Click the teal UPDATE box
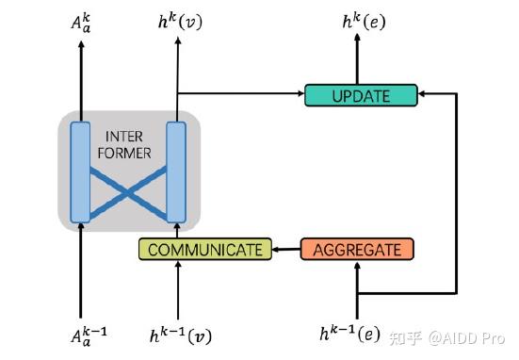[360, 94]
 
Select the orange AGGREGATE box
[357, 250]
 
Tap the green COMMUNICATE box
[204, 250]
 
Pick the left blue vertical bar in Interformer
[80, 171]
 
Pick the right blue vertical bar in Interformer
[176, 171]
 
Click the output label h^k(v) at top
[178, 22]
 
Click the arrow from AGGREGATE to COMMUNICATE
[285, 250]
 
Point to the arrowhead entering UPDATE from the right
[422, 94]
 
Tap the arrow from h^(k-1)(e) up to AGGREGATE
[358, 287]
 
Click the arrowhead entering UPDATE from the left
[299, 94]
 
